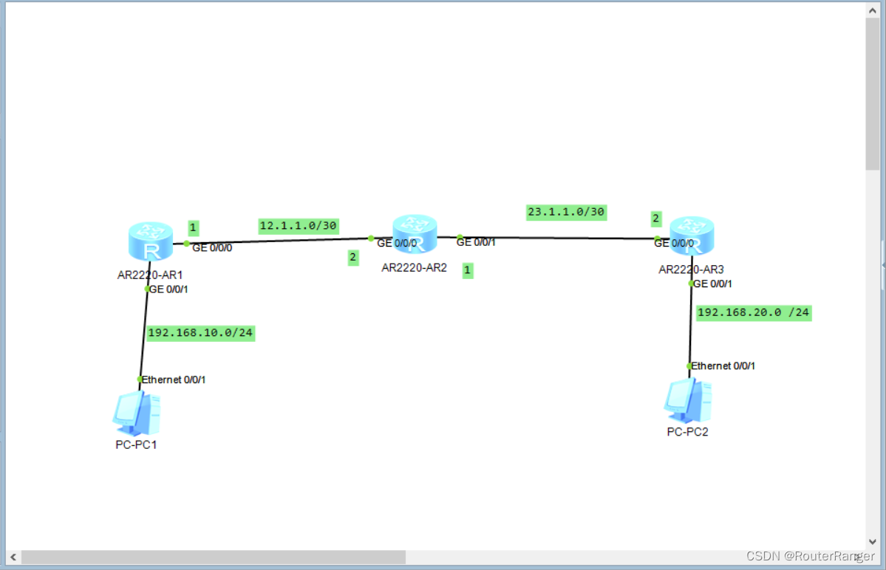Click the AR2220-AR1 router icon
tap(150, 242)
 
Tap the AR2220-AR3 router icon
tap(692, 236)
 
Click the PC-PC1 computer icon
tap(137, 413)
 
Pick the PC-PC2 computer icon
tap(687, 400)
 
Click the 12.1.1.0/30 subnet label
tap(299, 225)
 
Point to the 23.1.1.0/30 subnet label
tap(566, 212)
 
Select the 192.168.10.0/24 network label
tap(200, 333)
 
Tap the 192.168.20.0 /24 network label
tap(753, 312)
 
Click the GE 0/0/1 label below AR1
tap(168, 289)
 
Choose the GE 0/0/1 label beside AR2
tap(476, 241)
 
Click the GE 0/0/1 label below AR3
tap(712, 284)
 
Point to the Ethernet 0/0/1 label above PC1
tap(174, 380)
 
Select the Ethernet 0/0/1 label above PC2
tap(723, 365)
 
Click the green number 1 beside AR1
tap(193, 227)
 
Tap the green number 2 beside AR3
tap(655, 219)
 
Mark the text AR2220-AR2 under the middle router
tap(414, 267)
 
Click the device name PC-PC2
tap(687, 432)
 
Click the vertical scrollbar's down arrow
tap(872, 541)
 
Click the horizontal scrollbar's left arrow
tap(13, 557)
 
